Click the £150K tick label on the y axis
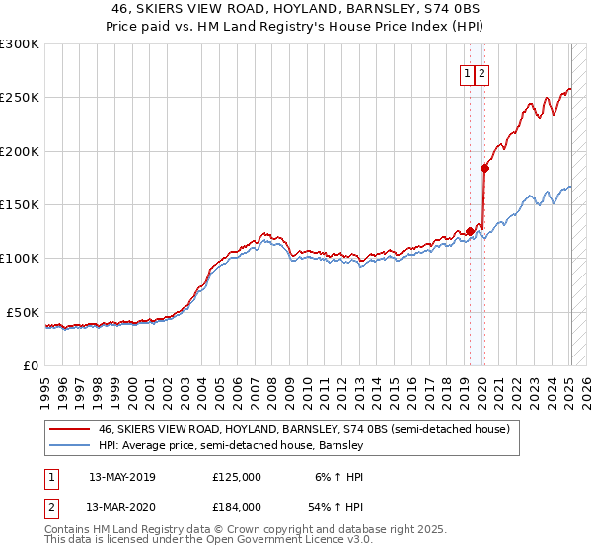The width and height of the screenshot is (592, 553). coord(19,204)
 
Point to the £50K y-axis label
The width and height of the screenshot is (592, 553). coord(23,312)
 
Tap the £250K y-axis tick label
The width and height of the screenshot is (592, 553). coord(19,98)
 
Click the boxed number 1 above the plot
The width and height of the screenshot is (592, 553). coord(466,73)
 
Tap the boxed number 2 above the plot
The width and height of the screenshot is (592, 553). coord(481,73)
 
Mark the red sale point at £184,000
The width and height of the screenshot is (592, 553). coord(484,168)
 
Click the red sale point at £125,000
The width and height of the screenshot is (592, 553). coord(470,231)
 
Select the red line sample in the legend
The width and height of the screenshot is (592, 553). coord(68,430)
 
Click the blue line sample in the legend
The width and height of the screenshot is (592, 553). coord(68,445)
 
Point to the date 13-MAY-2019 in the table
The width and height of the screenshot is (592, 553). coord(122,476)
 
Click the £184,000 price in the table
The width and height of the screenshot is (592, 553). coord(236,506)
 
